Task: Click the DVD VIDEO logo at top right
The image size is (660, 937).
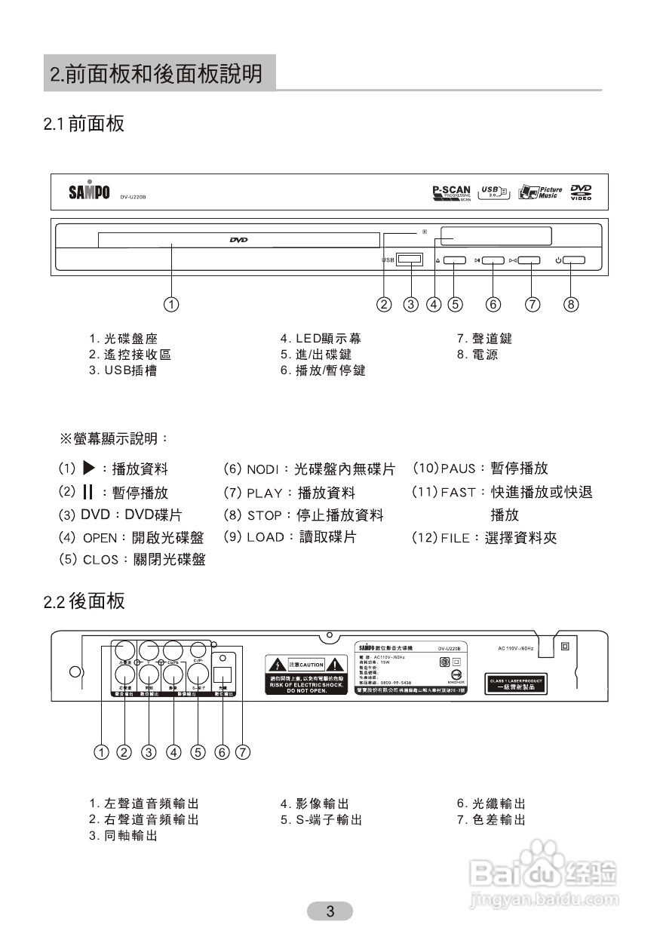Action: (582, 192)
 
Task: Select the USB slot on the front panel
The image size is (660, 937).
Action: (410, 260)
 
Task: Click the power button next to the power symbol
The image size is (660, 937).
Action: (573, 261)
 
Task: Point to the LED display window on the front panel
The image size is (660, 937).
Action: (496, 236)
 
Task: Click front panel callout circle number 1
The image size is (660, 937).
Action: (172, 305)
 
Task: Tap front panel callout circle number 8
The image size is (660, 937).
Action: (571, 305)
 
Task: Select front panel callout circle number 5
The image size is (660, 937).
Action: (455, 305)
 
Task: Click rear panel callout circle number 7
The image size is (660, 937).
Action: (243, 752)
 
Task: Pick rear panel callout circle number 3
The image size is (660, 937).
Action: (149, 752)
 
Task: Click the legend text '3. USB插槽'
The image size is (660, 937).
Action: (123, 370)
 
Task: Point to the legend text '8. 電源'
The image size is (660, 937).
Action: (477, 355)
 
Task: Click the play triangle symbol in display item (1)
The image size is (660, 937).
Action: (88, 468)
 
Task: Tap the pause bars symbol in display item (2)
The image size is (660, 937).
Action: (87, 493)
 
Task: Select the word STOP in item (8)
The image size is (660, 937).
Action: (264, 516)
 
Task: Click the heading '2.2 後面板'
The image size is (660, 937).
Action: (84, 601)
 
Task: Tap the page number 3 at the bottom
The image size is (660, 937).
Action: (330, 911)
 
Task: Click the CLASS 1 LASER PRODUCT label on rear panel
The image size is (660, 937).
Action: (516, 684)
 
